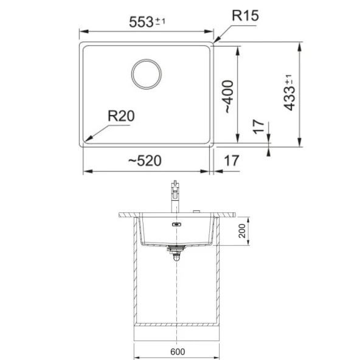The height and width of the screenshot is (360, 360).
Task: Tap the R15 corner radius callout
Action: (x=245, y=16)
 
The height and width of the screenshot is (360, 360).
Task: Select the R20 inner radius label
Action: (x=121, y=116)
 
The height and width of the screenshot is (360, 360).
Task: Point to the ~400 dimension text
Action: (x=229, y=96)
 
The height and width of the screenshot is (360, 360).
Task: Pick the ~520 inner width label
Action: (x=145, y=161)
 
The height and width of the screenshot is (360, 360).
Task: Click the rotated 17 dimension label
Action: (x=259, y=126)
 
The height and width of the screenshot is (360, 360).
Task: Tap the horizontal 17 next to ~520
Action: (x=232, y=161)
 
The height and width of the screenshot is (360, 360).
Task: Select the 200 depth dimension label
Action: (x=242, y=231)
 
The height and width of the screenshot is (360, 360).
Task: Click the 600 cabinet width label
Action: (x=178, y=351)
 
